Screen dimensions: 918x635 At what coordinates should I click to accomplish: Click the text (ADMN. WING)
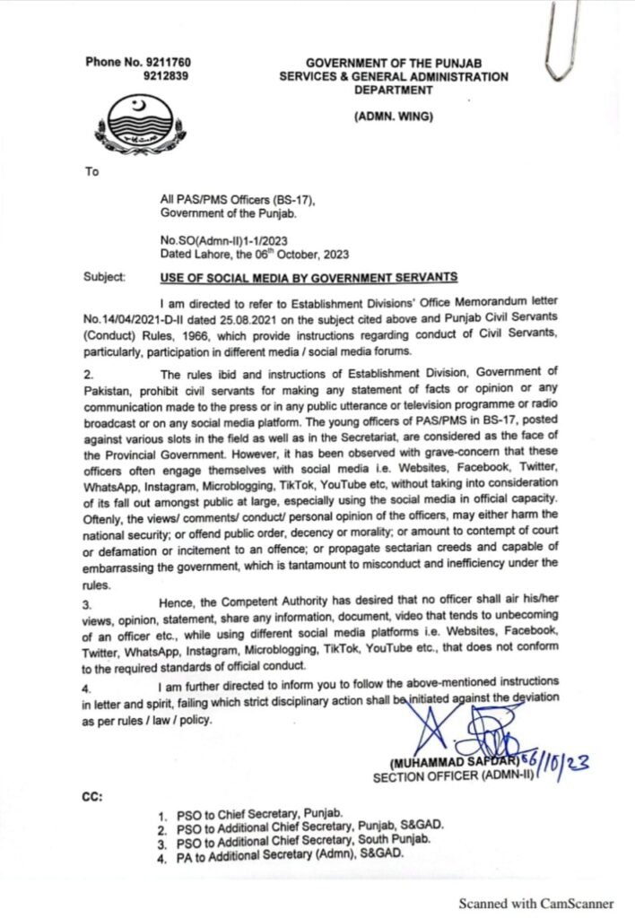click(393, 117)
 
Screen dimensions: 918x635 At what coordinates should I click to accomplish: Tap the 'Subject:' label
click(105, 276)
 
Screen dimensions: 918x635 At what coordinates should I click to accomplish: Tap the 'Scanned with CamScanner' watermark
click(536, 903)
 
